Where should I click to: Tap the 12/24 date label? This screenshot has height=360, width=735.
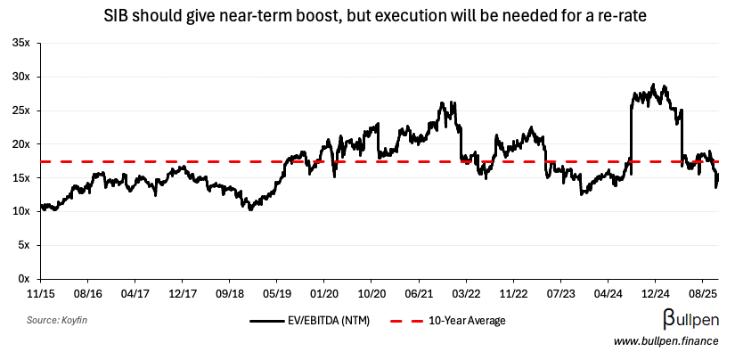pyautogui.click(x=656, y=291)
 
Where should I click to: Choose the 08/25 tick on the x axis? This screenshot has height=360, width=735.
pyautogui.click(x=704, y=291)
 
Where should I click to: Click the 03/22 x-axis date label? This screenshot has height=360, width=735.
pyautogui.click(x=466, y=291)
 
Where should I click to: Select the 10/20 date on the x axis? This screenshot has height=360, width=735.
pyautogui.click(x=372, y=291)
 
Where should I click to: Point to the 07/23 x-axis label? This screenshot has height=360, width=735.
pyautogui.click(x=561, y=291)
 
